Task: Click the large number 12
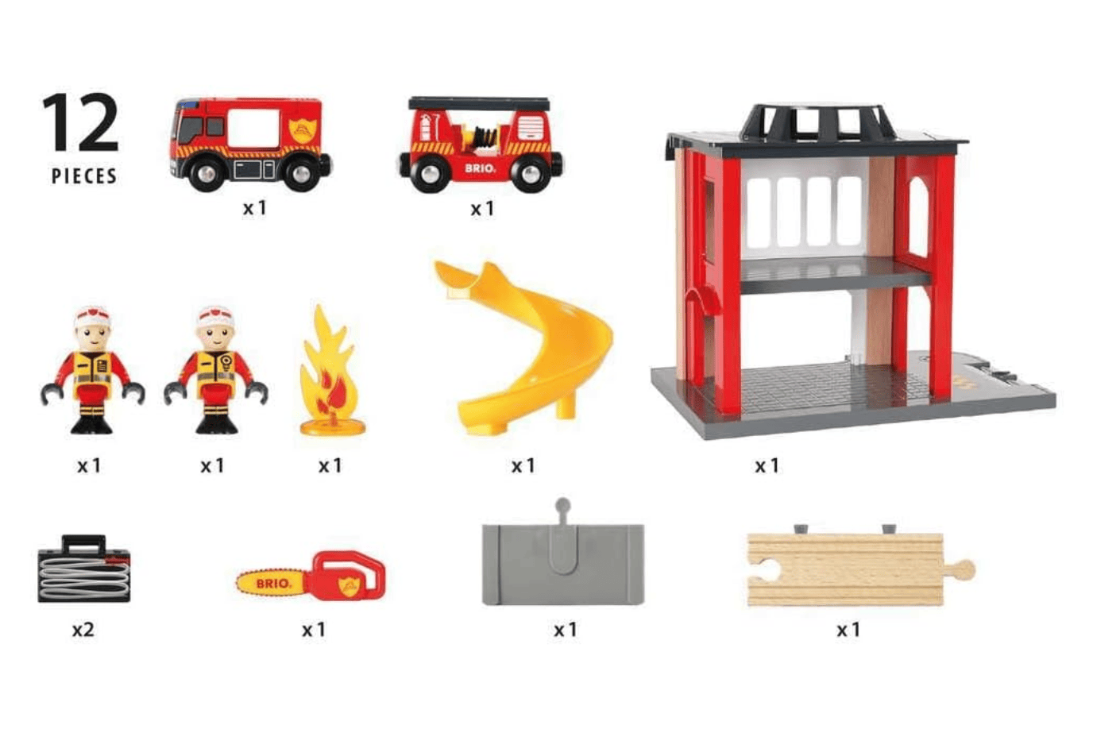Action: click(80, 122)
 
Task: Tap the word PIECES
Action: click(83, 176)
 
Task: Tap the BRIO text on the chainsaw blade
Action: click(272, 584)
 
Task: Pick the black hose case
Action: click(83, 569)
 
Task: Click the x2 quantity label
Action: click(83, 630)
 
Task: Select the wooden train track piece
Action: click(846, 569)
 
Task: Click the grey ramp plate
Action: click(562, 564)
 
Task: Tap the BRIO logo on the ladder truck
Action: click(480, 168)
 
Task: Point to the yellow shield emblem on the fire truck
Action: click(301, 129)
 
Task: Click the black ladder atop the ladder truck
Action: click(479, 104)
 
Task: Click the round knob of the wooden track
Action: click(963, 569)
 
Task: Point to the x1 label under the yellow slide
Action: click(523, 466)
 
